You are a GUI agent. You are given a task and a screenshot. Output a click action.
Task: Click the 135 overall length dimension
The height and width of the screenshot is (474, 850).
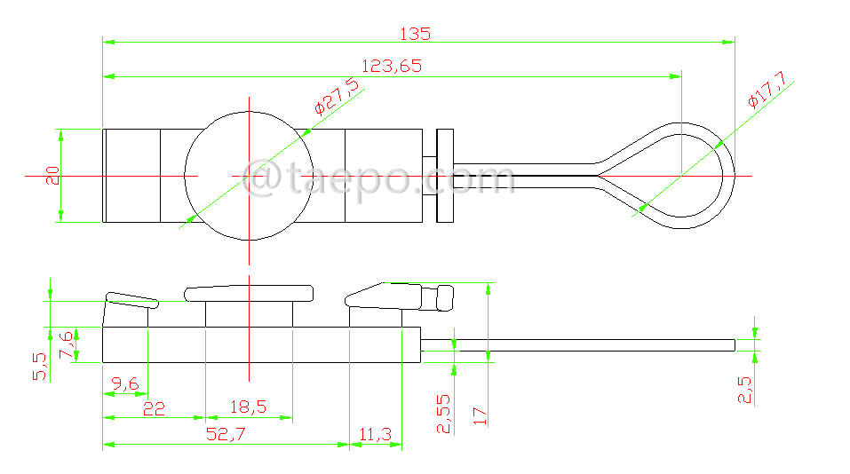tap(415, 34)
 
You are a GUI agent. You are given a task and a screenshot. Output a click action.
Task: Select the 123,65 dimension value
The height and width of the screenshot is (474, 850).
tap(391, 66)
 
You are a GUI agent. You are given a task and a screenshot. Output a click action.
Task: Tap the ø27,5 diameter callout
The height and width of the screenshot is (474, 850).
tap(337, 97)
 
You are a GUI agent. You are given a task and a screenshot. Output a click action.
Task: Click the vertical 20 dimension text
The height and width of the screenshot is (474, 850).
tap(53, 175)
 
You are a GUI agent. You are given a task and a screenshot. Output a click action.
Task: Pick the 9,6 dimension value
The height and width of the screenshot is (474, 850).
tap(125, 383)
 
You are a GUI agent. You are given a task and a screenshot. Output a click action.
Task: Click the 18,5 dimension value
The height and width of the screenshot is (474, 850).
tap(248, 407)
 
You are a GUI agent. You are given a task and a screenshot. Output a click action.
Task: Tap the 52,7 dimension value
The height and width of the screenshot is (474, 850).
tap(226, 433)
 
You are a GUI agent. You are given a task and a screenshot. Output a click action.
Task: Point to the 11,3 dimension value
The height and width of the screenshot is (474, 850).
tap(375, 433)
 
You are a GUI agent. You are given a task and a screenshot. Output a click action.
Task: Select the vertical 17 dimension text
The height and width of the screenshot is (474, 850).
tap(481, 415)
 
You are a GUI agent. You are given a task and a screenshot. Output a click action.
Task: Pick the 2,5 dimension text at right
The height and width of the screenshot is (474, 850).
tap(744, 390)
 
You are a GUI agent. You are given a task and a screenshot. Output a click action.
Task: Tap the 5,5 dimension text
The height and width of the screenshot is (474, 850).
tap(39, 366)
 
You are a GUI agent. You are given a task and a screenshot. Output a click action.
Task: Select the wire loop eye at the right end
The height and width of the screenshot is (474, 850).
tap(702, 176)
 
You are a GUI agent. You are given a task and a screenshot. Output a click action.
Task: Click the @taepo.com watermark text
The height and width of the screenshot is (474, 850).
tap(382, 178)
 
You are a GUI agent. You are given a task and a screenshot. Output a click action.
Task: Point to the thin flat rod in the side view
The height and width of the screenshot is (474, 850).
tap(577, 344)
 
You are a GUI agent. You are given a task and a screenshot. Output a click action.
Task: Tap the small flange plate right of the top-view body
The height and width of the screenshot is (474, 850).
tap(444, 176)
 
